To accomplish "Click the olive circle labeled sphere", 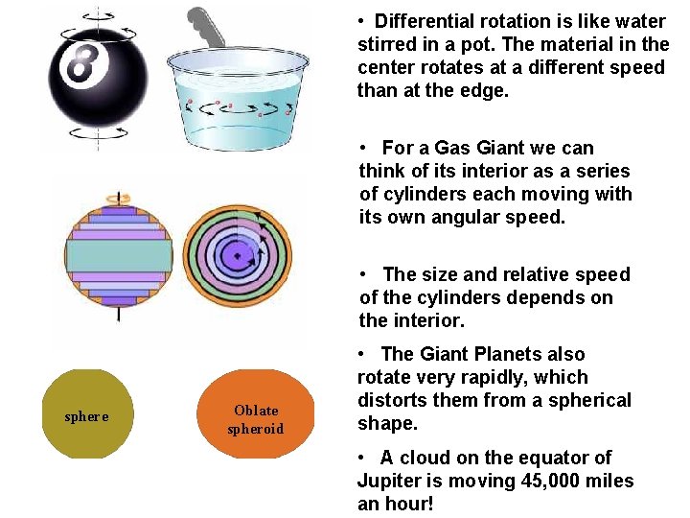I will tap(86, 414).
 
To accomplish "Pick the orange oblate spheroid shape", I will tap(255, 414).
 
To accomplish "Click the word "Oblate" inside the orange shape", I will tap(256, 410).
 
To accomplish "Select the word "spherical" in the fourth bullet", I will tap(589, 400).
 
